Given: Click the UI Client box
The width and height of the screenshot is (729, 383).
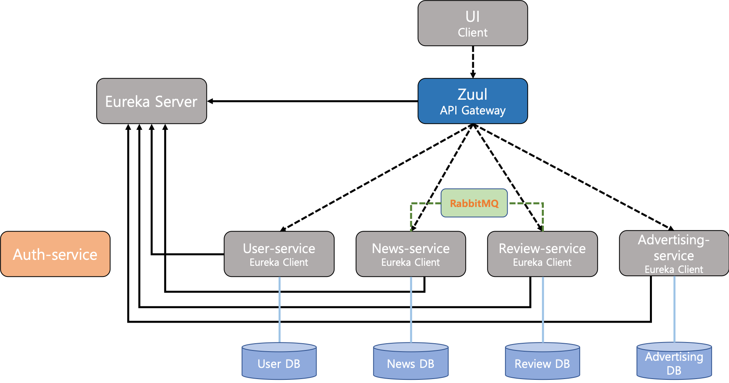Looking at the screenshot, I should [x=472, y=23].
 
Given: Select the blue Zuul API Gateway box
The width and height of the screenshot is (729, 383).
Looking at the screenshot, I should [x=472, y=101].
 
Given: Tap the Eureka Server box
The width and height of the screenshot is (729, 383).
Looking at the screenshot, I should [x=151, y=101].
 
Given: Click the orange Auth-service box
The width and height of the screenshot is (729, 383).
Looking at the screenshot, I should [x=55, y=254].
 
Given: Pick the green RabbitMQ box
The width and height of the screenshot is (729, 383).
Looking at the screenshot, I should [x=474, y=203].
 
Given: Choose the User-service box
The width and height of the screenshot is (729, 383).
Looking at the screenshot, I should [x=279, y=254].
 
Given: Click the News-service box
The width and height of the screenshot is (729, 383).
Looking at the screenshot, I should [x=410, y=254].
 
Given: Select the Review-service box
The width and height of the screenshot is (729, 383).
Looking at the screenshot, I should [x=542, y=254].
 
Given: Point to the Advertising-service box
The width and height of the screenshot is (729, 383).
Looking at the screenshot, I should [x=674, y=253].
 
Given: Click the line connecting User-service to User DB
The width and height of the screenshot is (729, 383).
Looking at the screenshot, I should [x=280, y=309].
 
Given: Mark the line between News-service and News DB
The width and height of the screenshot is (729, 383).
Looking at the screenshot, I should [x=411, y=309].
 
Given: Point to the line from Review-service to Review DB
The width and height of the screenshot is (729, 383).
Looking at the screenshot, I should [x=543, y=309].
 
